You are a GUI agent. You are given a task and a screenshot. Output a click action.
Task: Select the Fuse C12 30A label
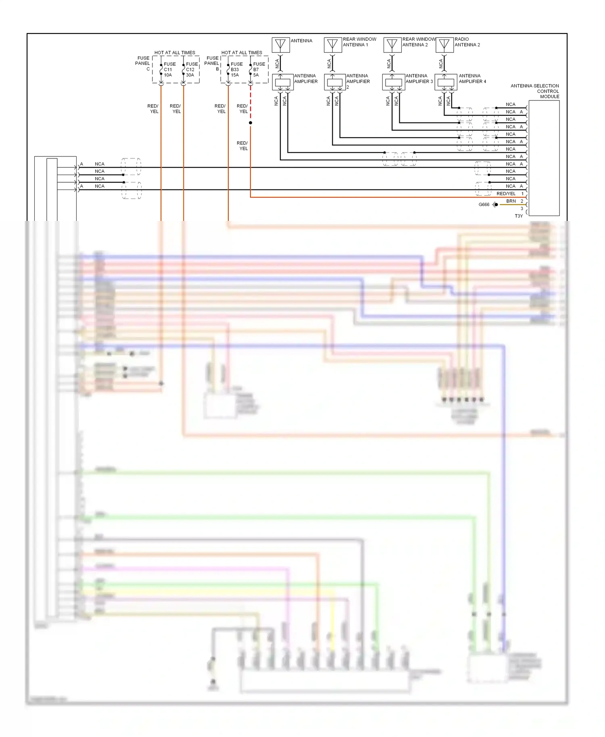[192, 69]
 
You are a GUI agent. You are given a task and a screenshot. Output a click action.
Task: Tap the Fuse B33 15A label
[236, 69]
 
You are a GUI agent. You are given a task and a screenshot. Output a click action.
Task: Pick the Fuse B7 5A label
[259, 69]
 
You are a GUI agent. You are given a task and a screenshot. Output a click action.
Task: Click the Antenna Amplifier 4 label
[472, 79]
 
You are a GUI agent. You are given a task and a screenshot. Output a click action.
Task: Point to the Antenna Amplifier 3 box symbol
[393, 82]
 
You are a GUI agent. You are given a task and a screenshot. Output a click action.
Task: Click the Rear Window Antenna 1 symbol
[333, 45]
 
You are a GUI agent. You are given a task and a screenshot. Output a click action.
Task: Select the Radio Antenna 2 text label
[467, 42]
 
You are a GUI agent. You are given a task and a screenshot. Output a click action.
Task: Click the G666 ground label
[484, 204]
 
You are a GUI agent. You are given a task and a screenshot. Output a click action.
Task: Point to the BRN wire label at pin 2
[511, 201]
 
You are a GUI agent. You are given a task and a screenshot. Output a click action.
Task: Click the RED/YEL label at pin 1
[506, 194]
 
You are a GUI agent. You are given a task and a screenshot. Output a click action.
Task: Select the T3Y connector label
[519, 216]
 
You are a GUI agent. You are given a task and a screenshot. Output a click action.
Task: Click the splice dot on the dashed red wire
[250, 123]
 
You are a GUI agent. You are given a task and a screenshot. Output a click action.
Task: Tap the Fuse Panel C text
[143, 63]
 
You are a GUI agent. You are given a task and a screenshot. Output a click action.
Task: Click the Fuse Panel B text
[212, 63]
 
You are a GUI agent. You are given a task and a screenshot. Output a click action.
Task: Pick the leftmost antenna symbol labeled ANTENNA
[281, 45]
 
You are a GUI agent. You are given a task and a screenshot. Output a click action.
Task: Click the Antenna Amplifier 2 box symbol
[335, 82]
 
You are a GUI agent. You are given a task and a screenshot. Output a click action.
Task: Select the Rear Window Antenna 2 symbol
[392, 45]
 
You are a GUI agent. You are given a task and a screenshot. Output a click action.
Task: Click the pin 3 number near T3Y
[522, 208]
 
